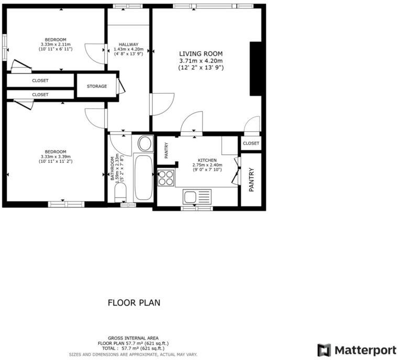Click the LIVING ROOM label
click(201, 54)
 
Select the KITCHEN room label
click(207, 160)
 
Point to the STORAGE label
click(97, 86)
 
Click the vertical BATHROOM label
click(112, 168)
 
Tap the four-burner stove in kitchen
click(166, 178)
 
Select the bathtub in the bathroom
click(142, 176)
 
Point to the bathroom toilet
click(120, 195)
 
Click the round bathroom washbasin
click(145, 143)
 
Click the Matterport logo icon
click(324, 350)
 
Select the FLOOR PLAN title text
click(134, 302)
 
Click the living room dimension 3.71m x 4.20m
click(201, 61)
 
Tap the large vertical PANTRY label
click(252, 179)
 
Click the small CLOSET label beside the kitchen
click(251, 143)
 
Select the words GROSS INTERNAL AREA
click(134, 338)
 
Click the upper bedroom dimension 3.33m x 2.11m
click(56, 44)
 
